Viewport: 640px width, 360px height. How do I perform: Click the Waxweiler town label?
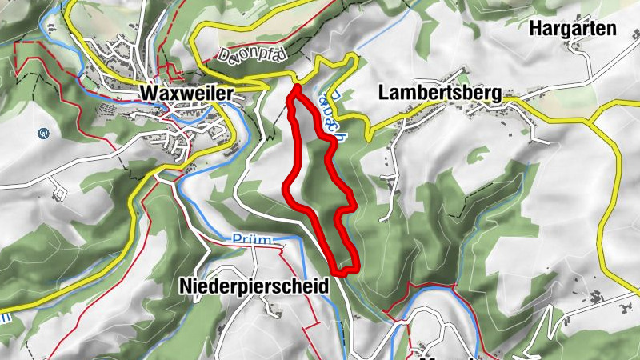click(186, 94)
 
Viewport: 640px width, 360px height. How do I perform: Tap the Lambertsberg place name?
click(439, 94)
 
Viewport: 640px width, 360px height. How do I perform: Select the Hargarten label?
click(573, 30)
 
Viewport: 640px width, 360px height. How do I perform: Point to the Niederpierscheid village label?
click(254, 286)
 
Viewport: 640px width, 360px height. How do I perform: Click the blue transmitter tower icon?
click(42, 134)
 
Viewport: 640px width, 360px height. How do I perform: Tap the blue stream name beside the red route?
click(334, 112)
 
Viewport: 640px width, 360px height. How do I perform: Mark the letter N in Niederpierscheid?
click(186, 286)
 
